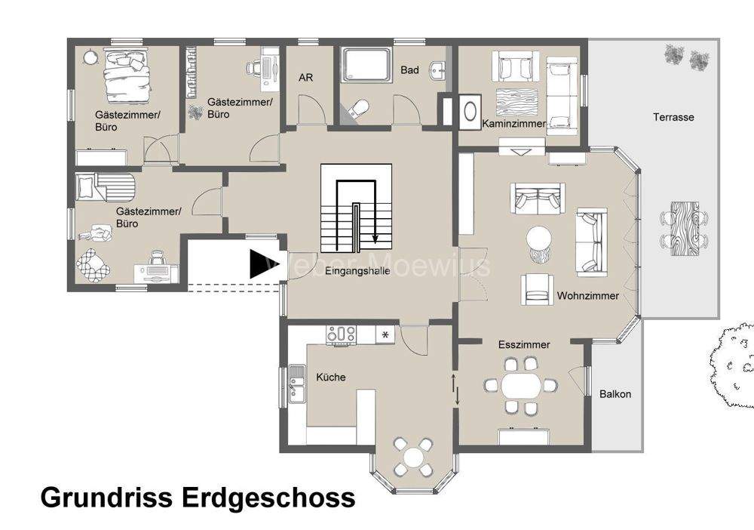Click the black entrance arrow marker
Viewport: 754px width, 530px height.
tap(259, 264)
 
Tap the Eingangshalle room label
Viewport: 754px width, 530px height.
tap(357, 271)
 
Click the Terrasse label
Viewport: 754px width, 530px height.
tap(673, 118)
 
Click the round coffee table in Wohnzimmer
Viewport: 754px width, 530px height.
tap(540, 240)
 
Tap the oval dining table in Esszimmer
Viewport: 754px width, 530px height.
tap(521, 386)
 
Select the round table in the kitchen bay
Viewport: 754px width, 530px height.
tap(414, 457)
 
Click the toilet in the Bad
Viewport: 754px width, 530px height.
tap(359, 109)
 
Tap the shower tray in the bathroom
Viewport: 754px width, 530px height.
tap(366, 64)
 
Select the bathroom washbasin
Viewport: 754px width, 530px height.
tap(437, 72)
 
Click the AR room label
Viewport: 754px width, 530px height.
tap(306, 78)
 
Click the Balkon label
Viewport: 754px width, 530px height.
tap(615, 394)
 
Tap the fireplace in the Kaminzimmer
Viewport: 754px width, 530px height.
tap(470, 110)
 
